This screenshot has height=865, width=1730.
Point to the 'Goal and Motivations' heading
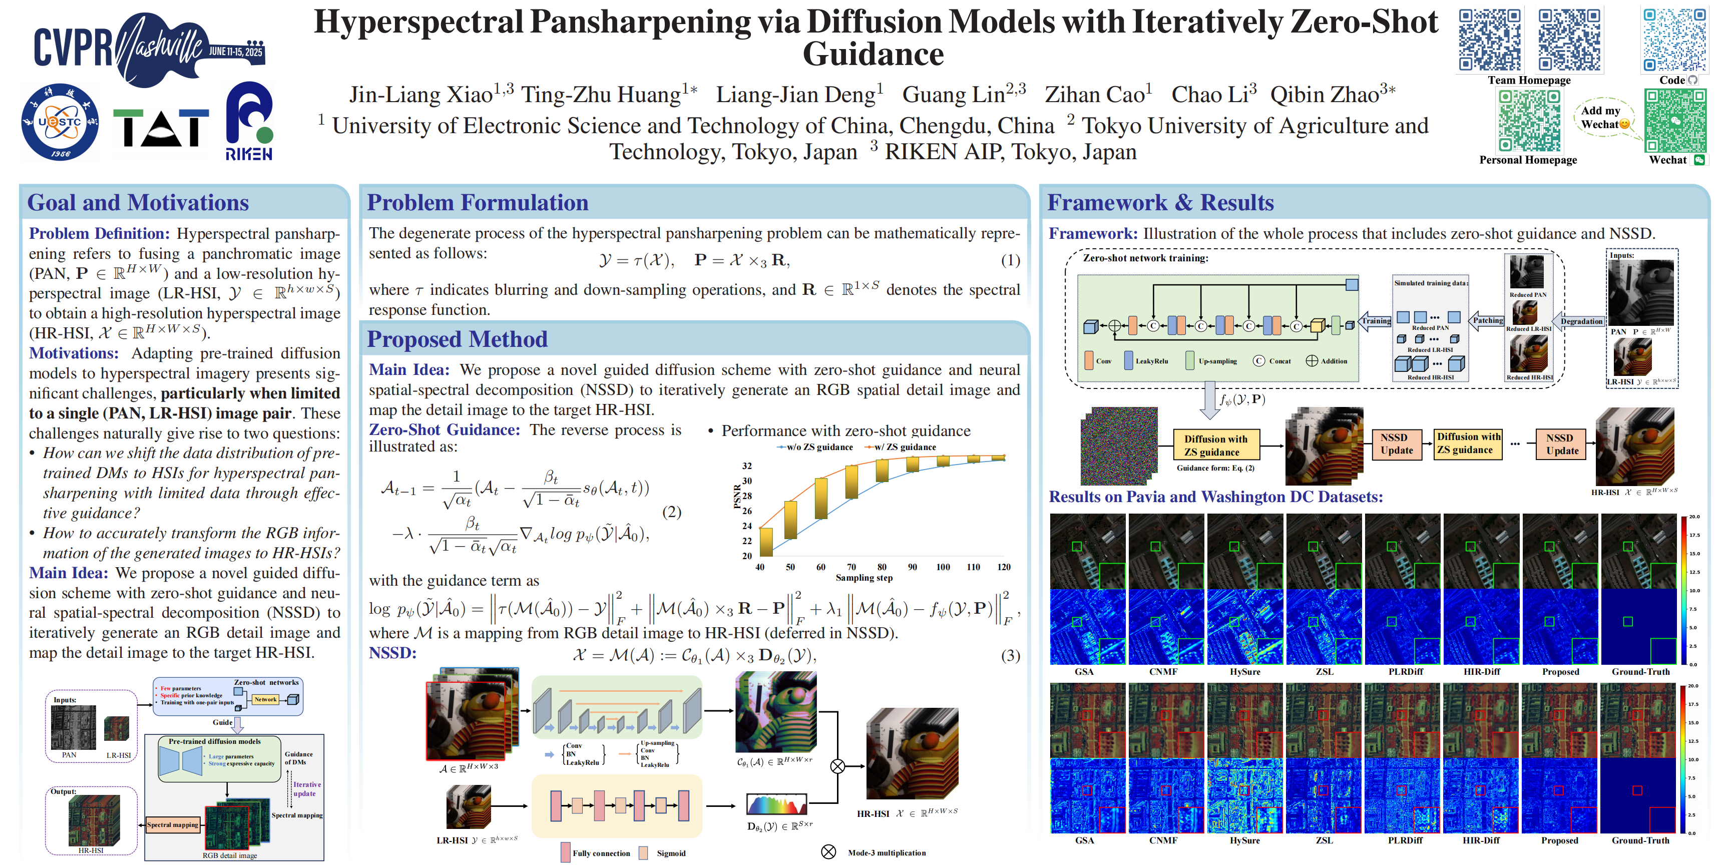(x=138, y=203)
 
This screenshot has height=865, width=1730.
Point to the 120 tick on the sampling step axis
(x=1003, y=567)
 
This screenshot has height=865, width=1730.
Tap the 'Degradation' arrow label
(x=1581, y=321)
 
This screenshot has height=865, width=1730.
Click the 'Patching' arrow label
(x=1488, y=320)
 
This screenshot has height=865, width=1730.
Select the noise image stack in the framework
(x=1119, y=445)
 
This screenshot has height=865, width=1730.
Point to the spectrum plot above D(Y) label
(x=776, y=804)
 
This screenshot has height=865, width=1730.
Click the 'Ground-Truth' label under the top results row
(x=1640, y=672)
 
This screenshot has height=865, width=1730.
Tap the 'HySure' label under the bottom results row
(x=1244, y=840)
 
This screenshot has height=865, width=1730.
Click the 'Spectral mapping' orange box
(x=173, y=825)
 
